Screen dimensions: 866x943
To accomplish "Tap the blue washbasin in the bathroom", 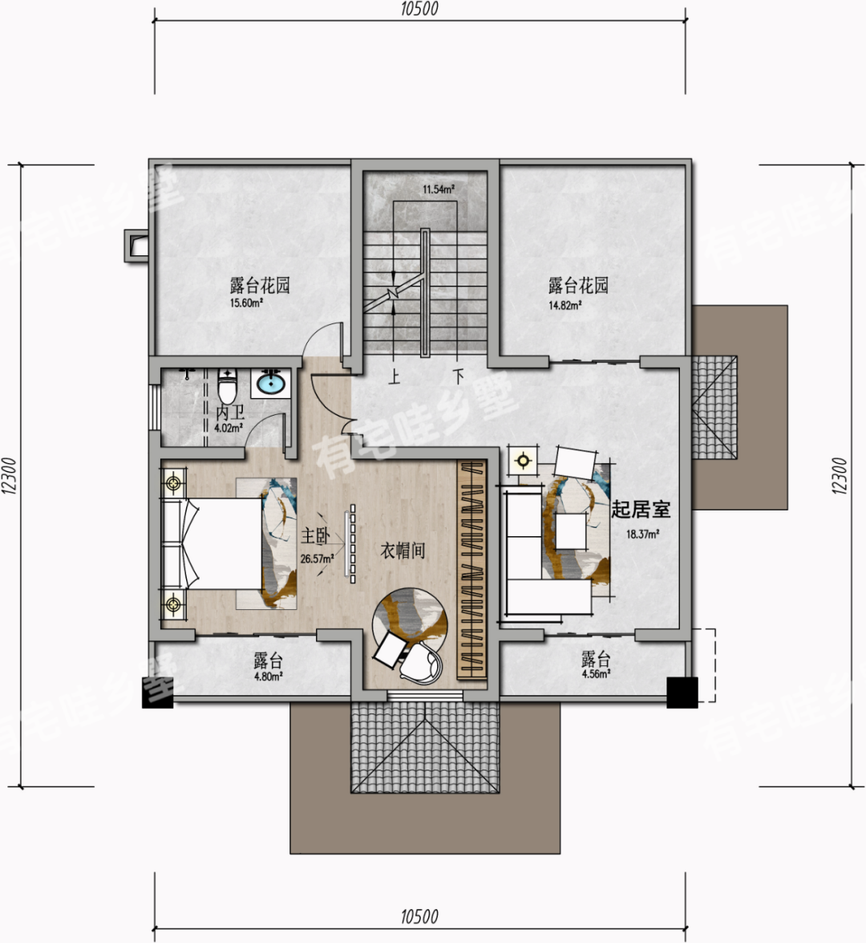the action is [x=271, y=383].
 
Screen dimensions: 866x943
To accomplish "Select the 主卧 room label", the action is [x=315, y=536].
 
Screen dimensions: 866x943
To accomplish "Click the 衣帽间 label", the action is [x=403, y=551].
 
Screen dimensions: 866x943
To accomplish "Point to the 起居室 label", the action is [x=641, y=510].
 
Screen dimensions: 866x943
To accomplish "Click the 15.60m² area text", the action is [x=247, y=303].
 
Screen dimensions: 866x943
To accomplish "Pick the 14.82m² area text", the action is [x=565, y=305].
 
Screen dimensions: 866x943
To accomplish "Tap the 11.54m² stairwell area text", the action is [x=438, y=189].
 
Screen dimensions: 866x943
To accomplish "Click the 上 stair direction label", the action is [x=395, y=377].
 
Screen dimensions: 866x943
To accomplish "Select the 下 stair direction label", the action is [x=459, y=376].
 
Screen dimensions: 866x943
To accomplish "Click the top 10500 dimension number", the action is [x=419, y=9].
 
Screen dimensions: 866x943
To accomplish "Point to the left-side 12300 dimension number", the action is [x=10, y=476].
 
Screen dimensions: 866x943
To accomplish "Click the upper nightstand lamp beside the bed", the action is [x=174, y=482].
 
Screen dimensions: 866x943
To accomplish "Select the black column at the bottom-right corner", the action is [x=682, y=693].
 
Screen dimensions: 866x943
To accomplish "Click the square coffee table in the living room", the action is [x=571, y=531].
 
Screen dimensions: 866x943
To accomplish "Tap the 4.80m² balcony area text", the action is [x=267, y=677].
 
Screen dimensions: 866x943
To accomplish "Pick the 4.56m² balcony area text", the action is [x=596, y=673].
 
